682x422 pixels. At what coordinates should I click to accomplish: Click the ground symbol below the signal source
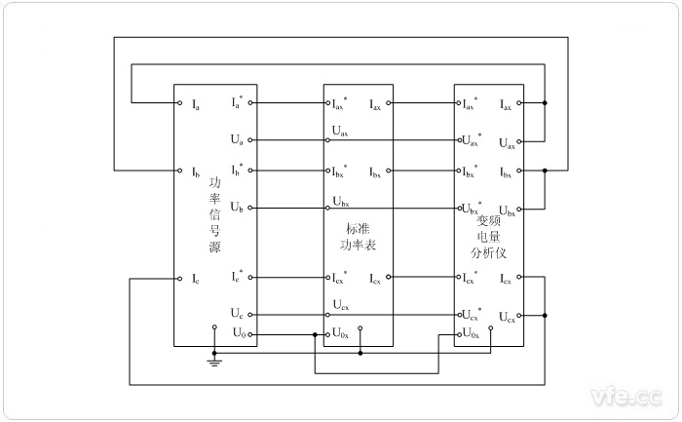(x=213, y=363)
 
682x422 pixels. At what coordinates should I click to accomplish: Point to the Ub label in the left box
(x=237, y=208)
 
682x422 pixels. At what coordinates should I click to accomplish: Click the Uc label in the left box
(x=237, y=314)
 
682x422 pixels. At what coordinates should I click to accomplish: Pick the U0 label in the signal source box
(x=238, y=333)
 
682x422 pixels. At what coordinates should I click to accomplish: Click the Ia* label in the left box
(x=237, y=102)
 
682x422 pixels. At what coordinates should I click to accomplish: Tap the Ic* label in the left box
(x=237, y=277)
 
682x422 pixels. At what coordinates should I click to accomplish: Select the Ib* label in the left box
(x=237, y=171)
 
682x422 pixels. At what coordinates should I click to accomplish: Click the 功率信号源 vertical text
(x=214, y=214)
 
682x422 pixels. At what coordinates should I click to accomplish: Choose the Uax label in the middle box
(x=340, y=132)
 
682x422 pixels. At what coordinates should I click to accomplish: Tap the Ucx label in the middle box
(x=340, y=306)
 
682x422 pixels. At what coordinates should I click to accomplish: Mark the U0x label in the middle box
(x=340, y=333)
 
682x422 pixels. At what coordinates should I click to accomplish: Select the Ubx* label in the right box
(x=472, y=208)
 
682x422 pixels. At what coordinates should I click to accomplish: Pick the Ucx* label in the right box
(x=472, y=314)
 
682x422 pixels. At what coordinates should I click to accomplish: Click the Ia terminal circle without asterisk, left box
(x=180, y=102)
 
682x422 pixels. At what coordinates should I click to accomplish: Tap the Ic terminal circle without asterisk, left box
(x=180, y=278)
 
